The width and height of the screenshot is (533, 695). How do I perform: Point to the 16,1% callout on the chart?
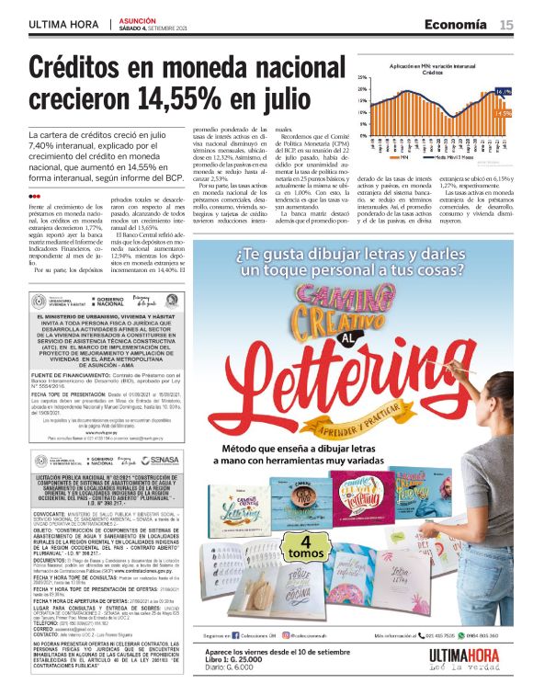503,93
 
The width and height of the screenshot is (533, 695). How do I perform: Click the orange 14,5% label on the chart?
505,113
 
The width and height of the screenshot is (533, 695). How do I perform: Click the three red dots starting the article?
34,196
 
